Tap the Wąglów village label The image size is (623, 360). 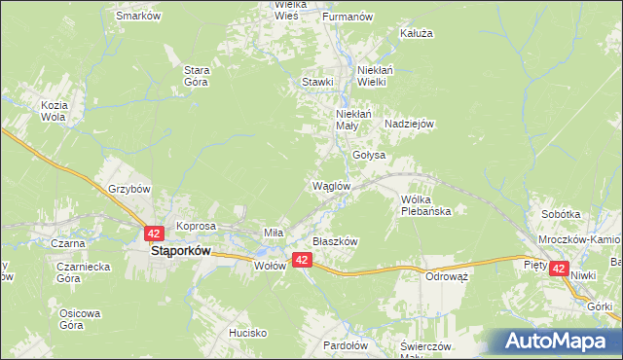click(x=330, y=186)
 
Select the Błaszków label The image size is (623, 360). click(x=336, y=241)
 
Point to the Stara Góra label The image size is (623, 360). click(x=198, y=76)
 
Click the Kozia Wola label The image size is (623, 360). click(x=53, y=111)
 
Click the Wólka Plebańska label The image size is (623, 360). click(x=426, y=204)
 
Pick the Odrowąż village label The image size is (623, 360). click(x=448, y=276)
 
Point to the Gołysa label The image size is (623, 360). click(x=369, y=155)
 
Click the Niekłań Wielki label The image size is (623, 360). click(x=375, y=76)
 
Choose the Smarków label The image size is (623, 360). click(x=138, y=17)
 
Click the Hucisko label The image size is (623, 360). click(x=248, y=333)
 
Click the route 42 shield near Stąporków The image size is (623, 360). click(x=154, y=234)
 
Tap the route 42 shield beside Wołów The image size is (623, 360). click(x=302, y=260)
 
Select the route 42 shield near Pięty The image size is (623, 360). click(x=559, y=269)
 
